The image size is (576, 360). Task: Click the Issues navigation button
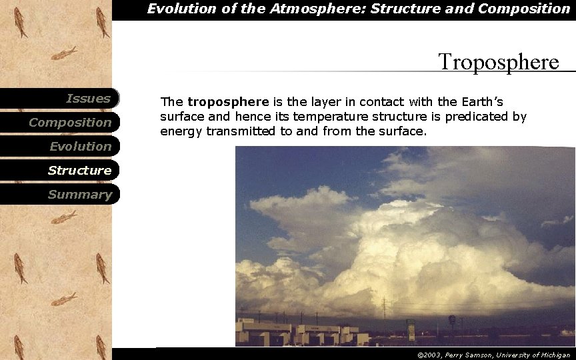(x=87, y=99)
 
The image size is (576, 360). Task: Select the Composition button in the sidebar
(x=70, y=123)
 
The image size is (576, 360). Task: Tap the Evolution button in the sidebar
(x=80, y=147)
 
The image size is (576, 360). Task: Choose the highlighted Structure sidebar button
(x=79, y=171)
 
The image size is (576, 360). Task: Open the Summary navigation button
(x=79, y=195)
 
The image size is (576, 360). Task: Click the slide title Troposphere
(x=498, y=62)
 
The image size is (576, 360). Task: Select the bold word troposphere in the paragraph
(x=228, y=102)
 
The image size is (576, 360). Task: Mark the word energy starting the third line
(x=181, y=131)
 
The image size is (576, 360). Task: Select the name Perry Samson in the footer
(x=467, y=355)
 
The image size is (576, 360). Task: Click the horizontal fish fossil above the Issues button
(x=63, y=53)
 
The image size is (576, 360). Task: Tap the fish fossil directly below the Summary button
(x=63, y=217)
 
